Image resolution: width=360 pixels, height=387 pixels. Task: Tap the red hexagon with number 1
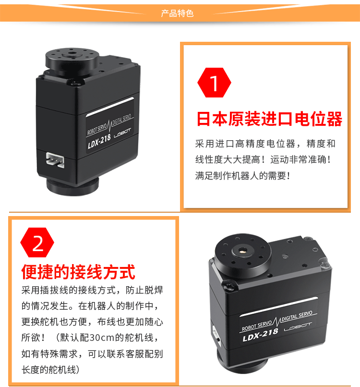(x=214, y=83)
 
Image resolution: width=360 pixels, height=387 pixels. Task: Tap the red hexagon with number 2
(x=38, y=244)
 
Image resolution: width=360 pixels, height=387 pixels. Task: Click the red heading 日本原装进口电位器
(x=269, y=119)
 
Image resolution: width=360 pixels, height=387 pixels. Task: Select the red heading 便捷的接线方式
(x=78, y=272)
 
